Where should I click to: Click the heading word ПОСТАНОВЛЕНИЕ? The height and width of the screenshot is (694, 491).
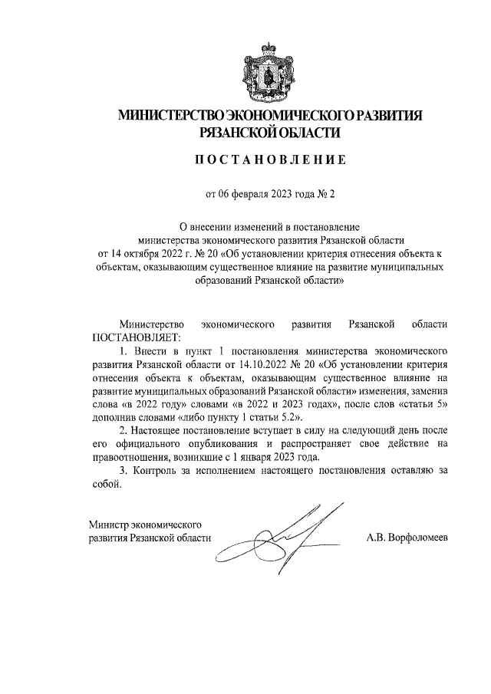coord(270,160)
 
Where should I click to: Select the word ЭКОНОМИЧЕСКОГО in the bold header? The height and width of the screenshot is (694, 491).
coord(284,116)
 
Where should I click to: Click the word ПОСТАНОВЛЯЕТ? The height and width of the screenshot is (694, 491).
coord(136,337)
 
